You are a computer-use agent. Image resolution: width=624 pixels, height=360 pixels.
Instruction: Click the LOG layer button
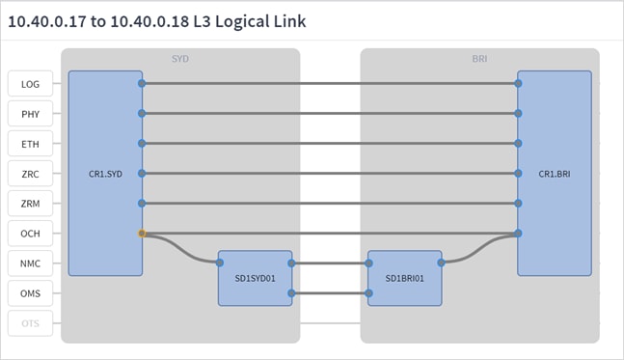[30, 84]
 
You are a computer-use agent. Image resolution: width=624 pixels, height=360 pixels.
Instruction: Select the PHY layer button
[30, 114]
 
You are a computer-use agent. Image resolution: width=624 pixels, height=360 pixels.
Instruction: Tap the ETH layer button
[30, 144]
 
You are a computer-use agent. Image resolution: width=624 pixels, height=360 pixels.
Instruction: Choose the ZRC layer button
[30, 174]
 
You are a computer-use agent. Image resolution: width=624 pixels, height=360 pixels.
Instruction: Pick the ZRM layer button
[30, 204]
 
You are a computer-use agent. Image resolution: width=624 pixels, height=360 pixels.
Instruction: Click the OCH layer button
[30, 234]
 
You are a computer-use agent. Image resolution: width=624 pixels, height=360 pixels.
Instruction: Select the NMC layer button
[30, 263]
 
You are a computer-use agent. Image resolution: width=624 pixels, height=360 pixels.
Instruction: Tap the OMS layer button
[30, 293]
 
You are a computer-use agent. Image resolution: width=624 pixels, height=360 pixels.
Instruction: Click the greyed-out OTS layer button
[30, 323]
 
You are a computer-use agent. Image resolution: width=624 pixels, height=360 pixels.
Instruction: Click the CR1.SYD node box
[105, 173]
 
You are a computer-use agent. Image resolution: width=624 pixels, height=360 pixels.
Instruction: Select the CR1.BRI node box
[555, 173]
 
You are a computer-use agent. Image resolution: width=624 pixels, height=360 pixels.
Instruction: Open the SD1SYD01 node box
[255, 278]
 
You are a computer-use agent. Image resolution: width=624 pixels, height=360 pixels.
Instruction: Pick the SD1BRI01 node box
[404, 278]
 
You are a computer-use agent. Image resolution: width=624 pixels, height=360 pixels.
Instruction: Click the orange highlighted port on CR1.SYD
[142, 234]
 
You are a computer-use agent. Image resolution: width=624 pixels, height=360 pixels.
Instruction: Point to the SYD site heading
[180, 59]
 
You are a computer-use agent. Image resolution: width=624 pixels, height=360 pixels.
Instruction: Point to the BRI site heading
[479, 59]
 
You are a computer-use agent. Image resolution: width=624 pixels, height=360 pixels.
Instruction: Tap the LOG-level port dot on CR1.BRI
[518, 84]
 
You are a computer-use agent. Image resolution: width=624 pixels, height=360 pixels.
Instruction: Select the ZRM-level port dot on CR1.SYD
[142, 204]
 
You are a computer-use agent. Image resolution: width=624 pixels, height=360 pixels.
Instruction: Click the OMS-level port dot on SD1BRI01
[367, 293]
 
